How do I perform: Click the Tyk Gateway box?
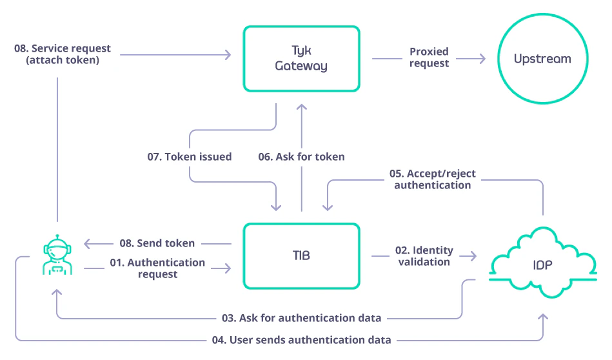[301, 58]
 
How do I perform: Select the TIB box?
[301, 255]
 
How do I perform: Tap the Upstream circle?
[542, 59]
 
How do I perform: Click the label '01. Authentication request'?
[157, 268]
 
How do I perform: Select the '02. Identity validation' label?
[424, 256]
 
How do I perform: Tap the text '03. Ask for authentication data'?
[301, 318]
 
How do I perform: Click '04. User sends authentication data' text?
[301, 340]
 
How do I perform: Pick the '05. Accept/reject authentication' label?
[433, 179]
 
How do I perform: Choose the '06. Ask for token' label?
[301, 157]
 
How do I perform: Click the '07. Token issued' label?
[189, 157]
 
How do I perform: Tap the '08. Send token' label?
[157, 243]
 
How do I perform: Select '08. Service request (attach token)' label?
[63, 54]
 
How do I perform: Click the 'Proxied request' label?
[429, 57]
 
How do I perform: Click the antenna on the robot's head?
[57, 235]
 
